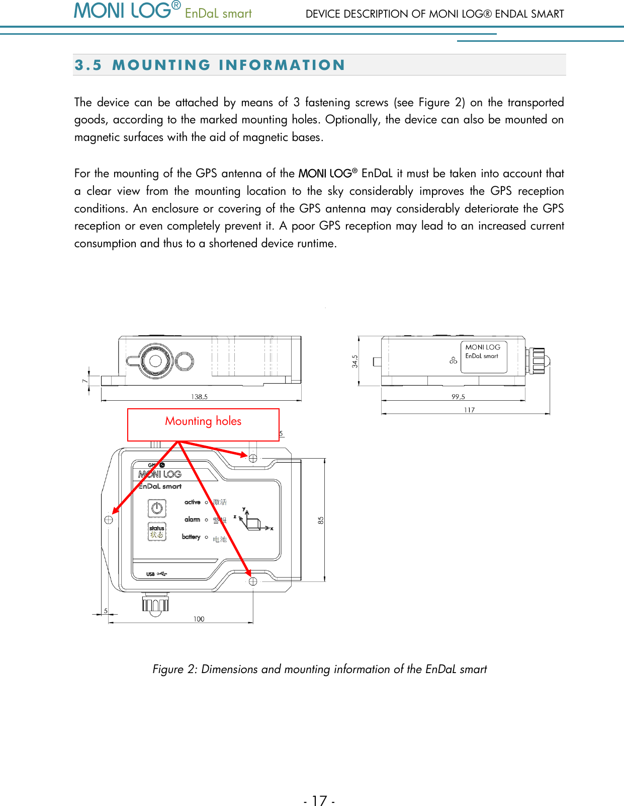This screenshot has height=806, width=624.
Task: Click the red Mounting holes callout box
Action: click(x=203, y=424)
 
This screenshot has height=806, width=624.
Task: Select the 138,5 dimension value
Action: click(x=199, y=397)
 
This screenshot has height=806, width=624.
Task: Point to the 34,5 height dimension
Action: click(x=355, y=361)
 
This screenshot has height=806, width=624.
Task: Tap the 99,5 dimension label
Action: click(x=458, y=397)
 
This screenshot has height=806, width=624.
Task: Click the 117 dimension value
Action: click(x=469, y=410)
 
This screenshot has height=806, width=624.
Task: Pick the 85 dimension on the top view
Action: click(x=321, y=521)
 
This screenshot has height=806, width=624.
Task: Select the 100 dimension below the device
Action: click(x=199, y=619)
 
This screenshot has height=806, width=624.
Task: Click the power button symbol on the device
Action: click(x=157, y=508)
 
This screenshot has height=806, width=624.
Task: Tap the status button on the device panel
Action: click(x=157, y=532)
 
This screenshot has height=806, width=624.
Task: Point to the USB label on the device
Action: click(x=151, y=574)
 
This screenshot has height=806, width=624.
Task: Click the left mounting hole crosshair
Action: click(x=109, y=520)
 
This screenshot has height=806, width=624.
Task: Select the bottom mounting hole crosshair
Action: click(x=253, y=581)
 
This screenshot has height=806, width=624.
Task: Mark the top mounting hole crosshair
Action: click(x=253, y=458)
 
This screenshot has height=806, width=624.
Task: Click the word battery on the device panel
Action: click(x=191, y=537)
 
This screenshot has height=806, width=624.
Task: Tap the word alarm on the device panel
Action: click(x=192, y=520)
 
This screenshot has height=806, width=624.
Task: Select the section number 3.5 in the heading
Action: click(x=88, y=65)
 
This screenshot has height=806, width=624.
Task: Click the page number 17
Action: click(x=319, y=800)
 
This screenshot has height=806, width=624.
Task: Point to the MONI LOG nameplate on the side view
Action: click(x=483, y=356)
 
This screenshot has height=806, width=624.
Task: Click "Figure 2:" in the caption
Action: click(x=175, y=669)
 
